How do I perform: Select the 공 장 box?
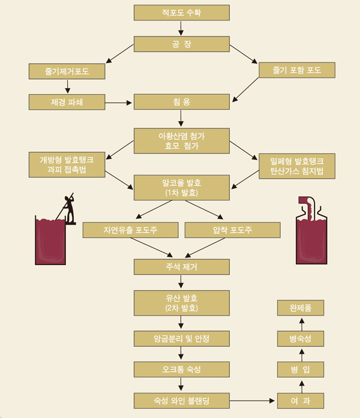tap(181, 44)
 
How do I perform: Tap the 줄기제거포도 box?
tap(67, 71)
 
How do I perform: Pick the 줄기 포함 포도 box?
tap(297, 70)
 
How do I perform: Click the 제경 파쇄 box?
tap(67, 101)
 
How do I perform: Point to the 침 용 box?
tap(181, 101)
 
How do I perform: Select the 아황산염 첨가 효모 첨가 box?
tap(181, 140)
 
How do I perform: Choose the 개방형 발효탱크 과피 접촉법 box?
tap(67, 165)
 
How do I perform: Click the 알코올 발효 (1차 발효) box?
tap(181, 187)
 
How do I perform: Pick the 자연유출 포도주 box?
tap(130, 230)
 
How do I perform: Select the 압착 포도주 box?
tap(233, 230)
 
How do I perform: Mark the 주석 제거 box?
tap(181, 266)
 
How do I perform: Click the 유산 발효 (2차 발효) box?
tap(181, 304)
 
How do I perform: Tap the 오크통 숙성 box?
tap(181, 369)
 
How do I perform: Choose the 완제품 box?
tap(302, 308)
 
